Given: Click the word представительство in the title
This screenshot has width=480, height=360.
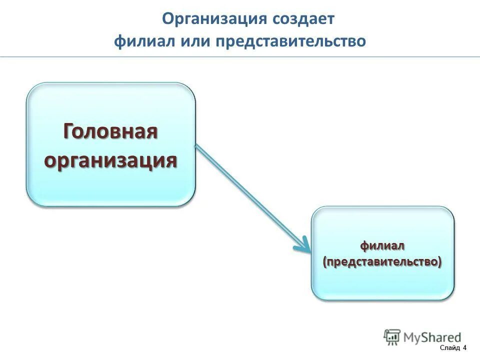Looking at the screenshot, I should click(291, 41).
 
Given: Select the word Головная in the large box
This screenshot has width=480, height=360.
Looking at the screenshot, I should click(110, 132).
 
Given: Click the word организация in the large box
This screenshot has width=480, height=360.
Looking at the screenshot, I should click(110, 160).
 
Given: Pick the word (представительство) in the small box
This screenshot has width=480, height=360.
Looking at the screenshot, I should click(382, 262).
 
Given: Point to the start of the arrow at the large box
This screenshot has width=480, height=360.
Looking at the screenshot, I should click(196, 146).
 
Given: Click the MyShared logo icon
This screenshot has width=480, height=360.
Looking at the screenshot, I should click(392, 337).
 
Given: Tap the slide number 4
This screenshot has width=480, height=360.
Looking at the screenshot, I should click(464, 348).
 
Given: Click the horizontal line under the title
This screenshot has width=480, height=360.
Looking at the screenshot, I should click(240, 56).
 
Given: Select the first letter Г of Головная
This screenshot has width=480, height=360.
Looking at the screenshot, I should click(69, 132).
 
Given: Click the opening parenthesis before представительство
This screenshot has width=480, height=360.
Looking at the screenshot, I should click(325, 262).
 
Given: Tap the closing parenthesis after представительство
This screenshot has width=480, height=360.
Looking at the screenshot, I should click(440, 262).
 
